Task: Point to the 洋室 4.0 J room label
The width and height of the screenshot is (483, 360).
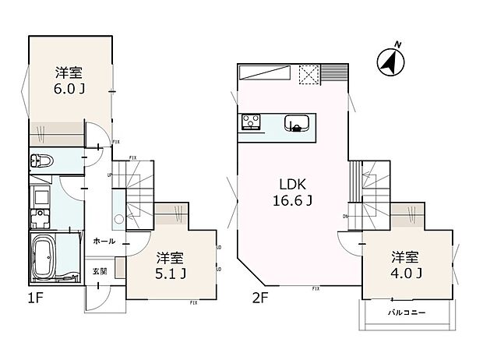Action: pyautogui.click(x=406, y=265)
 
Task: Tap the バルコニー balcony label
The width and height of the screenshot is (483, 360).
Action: pyautogui.click(x=406, y=313)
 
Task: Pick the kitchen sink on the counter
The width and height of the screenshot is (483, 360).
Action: pyautogui.click(x=297, y=122)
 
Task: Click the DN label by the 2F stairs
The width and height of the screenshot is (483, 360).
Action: pyautogui.click(x=345, y=217)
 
